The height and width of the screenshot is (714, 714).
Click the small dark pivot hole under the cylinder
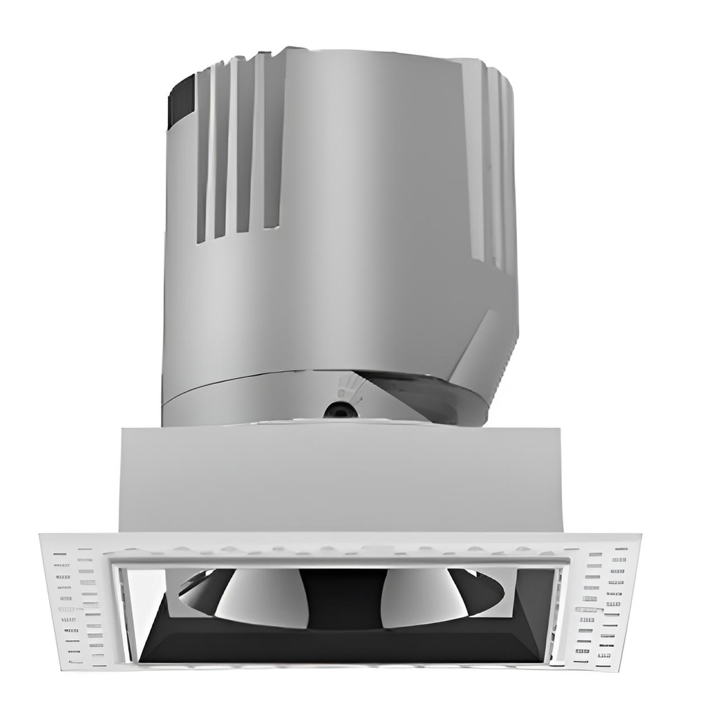[340, 410]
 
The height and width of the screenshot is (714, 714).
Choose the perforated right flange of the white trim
[604, 603]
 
